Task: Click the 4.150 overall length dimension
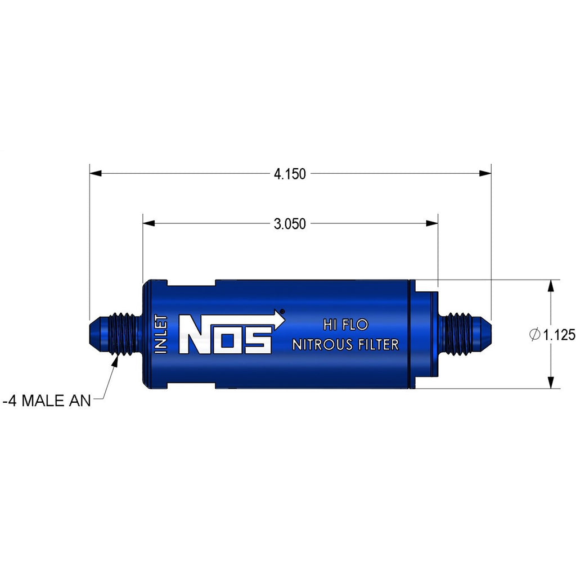click(290, 174)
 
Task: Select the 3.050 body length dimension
click(290, 224)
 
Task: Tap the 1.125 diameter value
click(560, 335)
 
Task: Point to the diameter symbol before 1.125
click(535, 335)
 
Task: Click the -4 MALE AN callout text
click(47, 400)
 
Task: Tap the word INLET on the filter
click(161, 334)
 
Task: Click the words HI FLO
click(345, 325)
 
